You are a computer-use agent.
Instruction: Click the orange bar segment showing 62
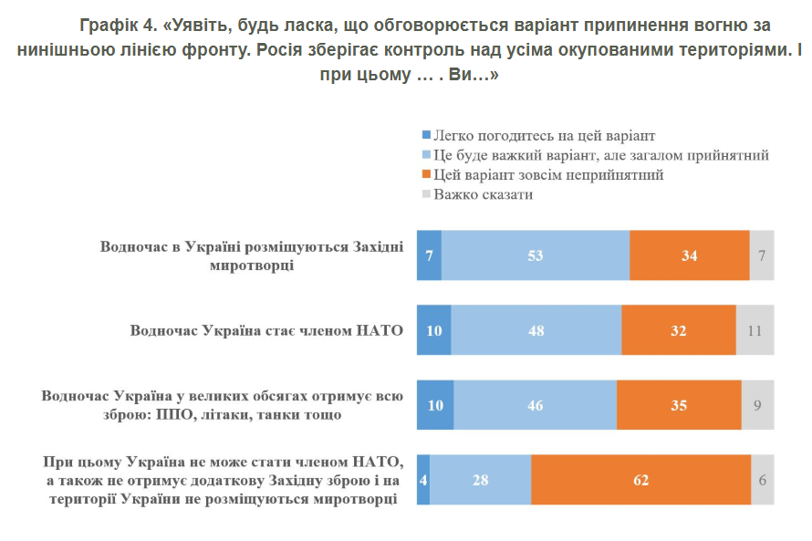click(x=640, y=479)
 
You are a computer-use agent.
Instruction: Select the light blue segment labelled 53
click(x=536, y=255)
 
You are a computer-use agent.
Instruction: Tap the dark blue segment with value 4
click(x=423, y=479)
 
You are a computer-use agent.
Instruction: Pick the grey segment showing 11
click(x=755, y=330)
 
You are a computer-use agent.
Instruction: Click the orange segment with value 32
click(x=678, y=330)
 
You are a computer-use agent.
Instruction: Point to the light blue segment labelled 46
click(x=535, y=404)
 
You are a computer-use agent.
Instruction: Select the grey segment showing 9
click(x=757, y=404)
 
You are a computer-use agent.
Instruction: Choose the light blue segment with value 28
click(x=480, y=479)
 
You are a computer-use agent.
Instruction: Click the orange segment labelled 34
click(x=689, y=255)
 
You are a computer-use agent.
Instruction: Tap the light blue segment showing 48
click(x=536, y=330)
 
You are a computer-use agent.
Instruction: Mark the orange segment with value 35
click(x=679, y=404)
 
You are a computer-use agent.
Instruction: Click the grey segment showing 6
click(x=762, y=479)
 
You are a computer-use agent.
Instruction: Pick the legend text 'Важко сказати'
click(x=484, y=194)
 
